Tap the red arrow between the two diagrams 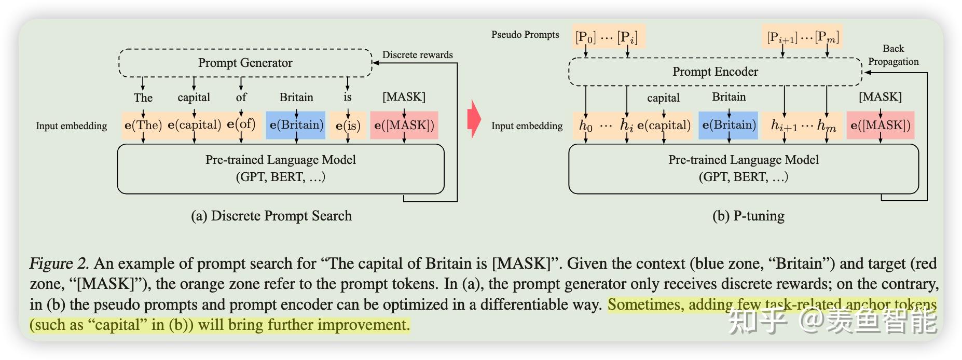coord(474,120)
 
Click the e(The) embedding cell coord(143,125)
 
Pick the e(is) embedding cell coord(348,125)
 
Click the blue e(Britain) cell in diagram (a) coord(296,125)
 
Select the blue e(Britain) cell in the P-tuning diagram coord(729,125)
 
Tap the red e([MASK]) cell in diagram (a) coord(404,125)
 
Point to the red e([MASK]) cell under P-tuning coord(881,125)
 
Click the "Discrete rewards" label coord(418,55)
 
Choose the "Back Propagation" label coord(894,55)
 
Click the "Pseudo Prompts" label coord(525,35)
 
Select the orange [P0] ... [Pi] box coord(607,36)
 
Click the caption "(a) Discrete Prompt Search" coord(271,216)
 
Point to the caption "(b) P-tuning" coord(748,216)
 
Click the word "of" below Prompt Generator coord(241,97)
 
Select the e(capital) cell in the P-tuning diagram coord(664,125)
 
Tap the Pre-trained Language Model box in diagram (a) coord(281,169)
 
